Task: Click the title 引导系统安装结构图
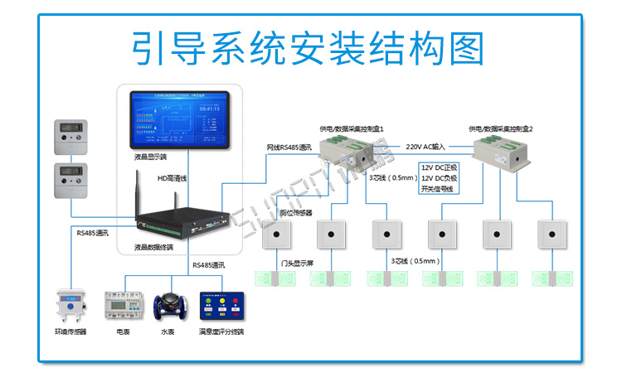pyautogui.click(x=309, y=49)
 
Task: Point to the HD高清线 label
pyautogui.click(x=173, y=178)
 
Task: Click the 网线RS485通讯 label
pyautogui.click(x=289, y=147)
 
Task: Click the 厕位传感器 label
pyautogui.click(x=295, y=213)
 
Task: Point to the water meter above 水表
pyautogui.click(x=170, y=307)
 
